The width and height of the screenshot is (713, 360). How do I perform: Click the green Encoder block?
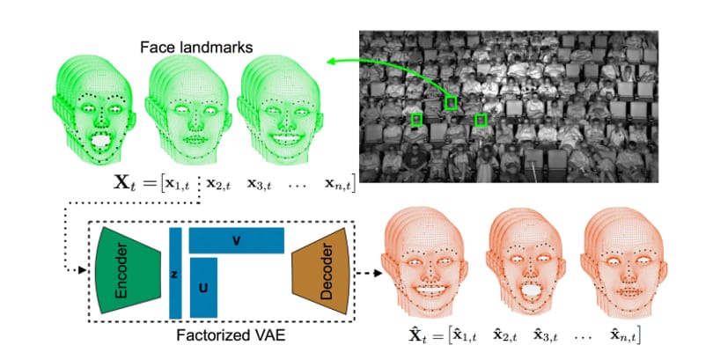pos(129,270)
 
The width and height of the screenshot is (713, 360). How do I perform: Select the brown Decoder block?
pos(321,271)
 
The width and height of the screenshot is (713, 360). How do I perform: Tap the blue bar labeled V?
pos(237,240)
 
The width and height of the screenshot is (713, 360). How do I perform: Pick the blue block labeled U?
pos(203,288)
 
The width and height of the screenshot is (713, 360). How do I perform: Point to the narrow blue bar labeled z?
pos(175,273)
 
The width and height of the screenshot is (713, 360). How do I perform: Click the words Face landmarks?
pos(196,48)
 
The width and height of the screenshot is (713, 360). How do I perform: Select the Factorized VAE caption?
pos(231,335)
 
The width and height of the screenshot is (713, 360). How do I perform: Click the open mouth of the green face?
pos(101,141)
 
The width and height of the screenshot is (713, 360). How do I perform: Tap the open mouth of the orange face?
pos(530,290)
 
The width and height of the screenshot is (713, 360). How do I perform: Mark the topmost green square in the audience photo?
pos(451,103)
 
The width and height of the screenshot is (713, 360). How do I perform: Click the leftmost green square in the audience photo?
pos(416,120)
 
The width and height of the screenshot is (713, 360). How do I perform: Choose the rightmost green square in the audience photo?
pos(481,121)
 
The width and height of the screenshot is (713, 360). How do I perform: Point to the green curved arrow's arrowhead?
pos(331,61)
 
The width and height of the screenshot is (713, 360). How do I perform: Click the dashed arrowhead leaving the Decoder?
pos(378,273)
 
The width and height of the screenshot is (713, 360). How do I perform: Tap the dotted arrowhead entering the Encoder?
pos(83,270)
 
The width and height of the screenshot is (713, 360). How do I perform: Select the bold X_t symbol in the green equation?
pos(124,183)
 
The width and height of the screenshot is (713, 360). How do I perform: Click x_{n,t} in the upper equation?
pos(338,184)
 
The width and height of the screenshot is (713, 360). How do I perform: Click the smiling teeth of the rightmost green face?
pos(286,137)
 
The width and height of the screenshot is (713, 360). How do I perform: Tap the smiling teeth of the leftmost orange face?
pos(430,289)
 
